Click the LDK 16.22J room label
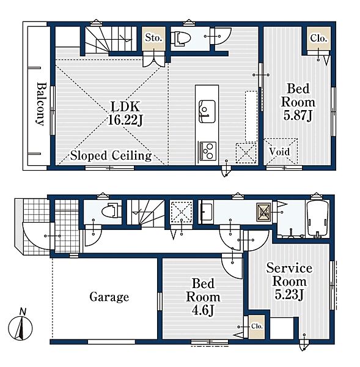click(x=125, y=114)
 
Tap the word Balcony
click(x=40, y=104)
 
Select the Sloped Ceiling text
click(x=111, y=155)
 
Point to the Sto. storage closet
click(x=153, y=38)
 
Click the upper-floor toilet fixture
click(x=180, y=38)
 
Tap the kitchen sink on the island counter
click(x=207, y=111)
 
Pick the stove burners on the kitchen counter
click(x=207, y=150)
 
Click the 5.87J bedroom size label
click(x=298, y=116)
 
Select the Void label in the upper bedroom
click(x=279, y=152)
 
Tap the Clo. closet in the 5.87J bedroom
click(x=318, y=39)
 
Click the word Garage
click(x=109, y=297)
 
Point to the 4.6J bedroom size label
click(x=203, y=311)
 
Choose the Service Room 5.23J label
click(x=289, y=281)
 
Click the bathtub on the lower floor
click(x=318, y=218)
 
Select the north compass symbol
click(x=20, y=328)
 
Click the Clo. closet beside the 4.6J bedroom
click(x=257, y=327)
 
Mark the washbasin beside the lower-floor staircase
click(x=207, y=212)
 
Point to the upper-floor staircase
click(x=111, y=39)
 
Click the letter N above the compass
click(x=23, y=311)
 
